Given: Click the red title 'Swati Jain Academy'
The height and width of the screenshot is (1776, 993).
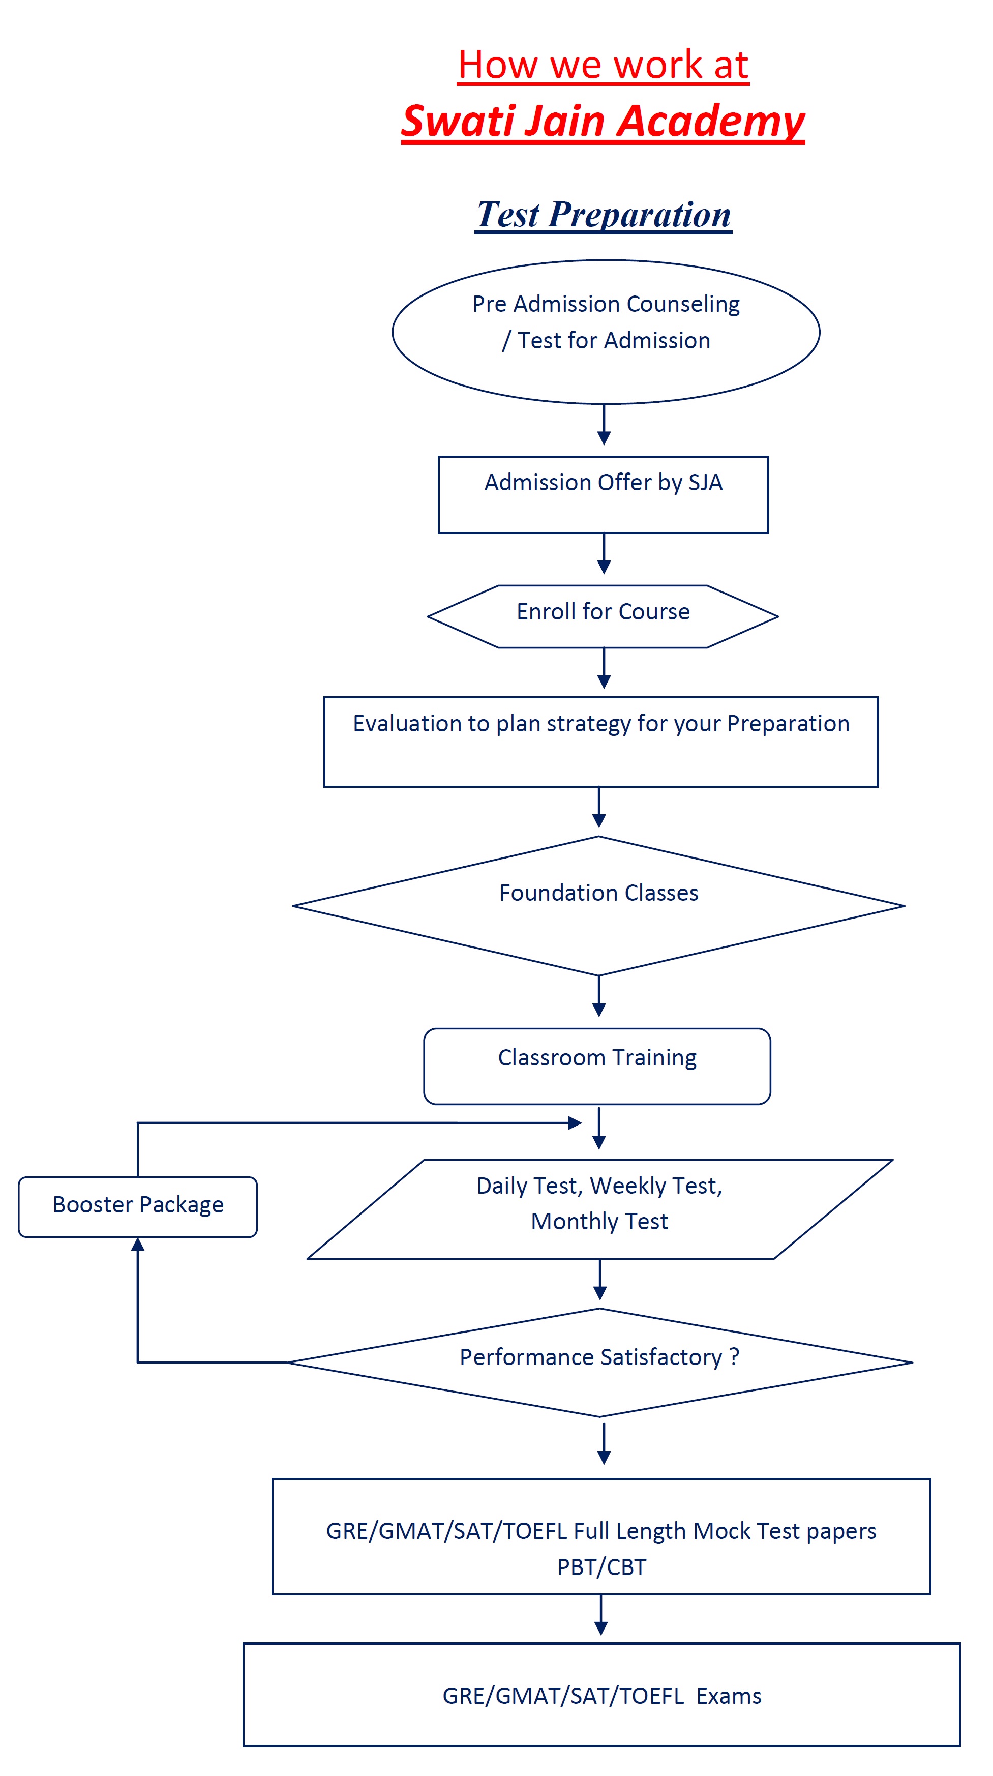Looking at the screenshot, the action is pyautogui.click(x=603, y=122).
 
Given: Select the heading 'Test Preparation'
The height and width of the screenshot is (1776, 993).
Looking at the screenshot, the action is pyautogui.click(x=603, y=215).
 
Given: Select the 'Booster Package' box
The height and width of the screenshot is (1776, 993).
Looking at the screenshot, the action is pyautogui.click(x=138, y=1206).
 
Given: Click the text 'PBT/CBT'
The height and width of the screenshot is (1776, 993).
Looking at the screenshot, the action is pyautogui.click(x=601, y=1567).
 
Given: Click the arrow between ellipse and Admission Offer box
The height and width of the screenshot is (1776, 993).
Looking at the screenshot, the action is pyautogui.click(x=604, y=425).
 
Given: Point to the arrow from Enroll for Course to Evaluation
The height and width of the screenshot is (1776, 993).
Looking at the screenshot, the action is pyautogui.click(x=604, y=668).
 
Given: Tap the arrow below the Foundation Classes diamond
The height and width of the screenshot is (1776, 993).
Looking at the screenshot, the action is pyautogui.click(x=599, y=996).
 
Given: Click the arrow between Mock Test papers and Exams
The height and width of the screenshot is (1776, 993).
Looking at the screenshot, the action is pyautogui.click(x=601, y=1615).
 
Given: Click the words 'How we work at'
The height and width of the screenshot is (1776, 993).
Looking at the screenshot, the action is pyautogui.click(x=603, y=65).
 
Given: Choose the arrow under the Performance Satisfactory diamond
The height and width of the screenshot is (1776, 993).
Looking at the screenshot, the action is pyautogui.click(x=604, y=1444).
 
